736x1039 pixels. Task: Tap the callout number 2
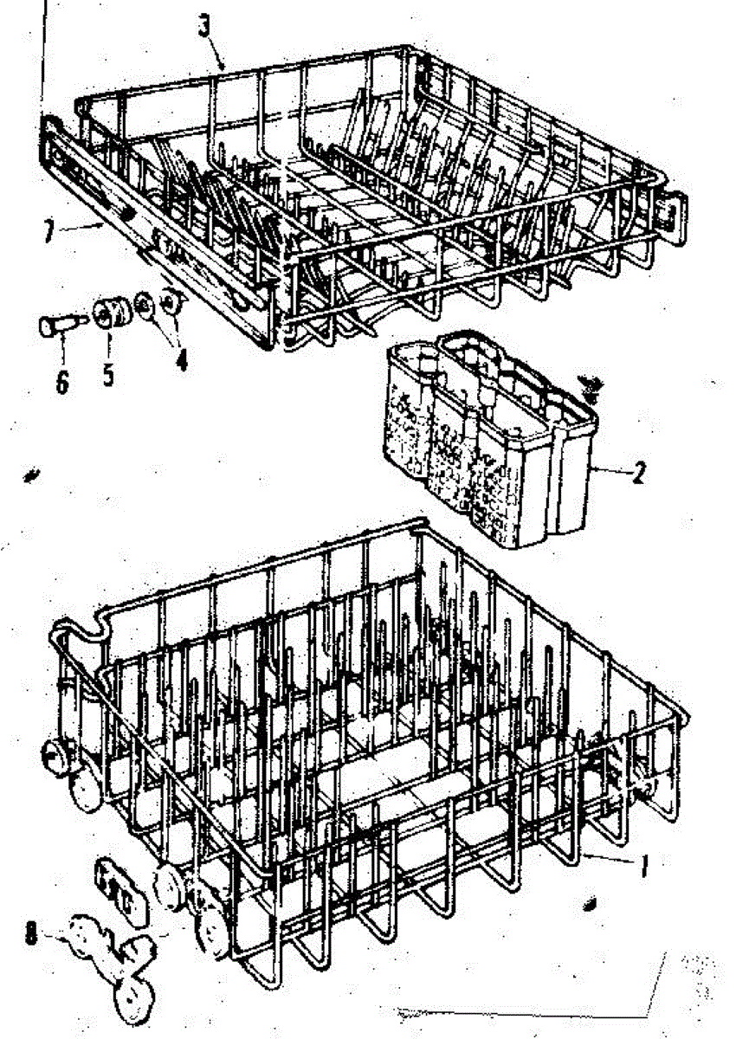click(639, 474)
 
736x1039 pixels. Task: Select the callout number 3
click(204, 27)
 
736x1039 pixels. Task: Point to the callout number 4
click(180, 358)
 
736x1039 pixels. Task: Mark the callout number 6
click(62, 381)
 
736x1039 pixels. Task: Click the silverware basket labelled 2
click(485, 442)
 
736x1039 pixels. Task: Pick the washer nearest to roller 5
click(144, 305)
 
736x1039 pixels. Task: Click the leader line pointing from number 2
click(611, 471)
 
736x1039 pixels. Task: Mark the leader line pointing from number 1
click(610, 859)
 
